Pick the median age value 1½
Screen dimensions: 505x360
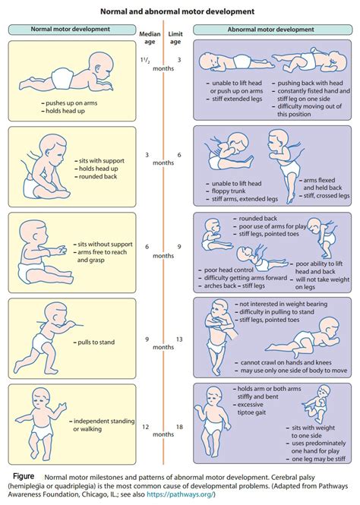(x=144, y=58)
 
